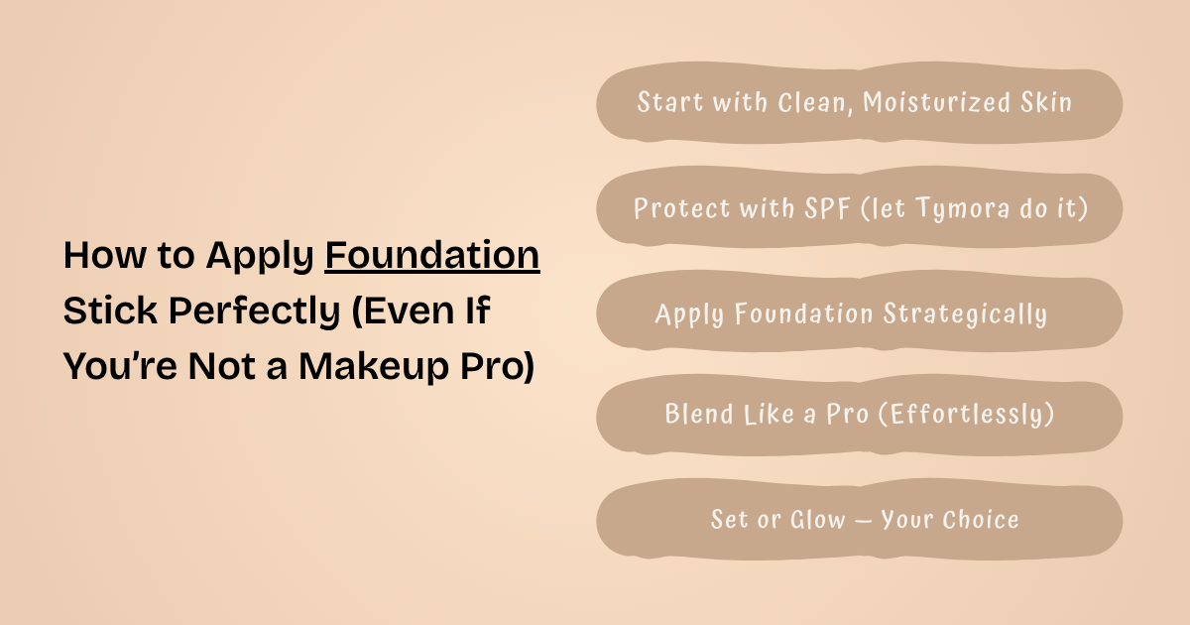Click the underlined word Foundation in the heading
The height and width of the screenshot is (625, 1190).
tap(432, 256)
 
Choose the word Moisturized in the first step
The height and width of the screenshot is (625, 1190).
tap(938, 103)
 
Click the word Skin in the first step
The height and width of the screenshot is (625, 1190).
tap(1047, 103)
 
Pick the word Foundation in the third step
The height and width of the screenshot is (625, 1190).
tap(791, 314)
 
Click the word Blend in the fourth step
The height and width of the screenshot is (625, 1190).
tap(697, 414)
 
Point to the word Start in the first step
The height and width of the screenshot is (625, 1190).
tap(668, 103)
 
